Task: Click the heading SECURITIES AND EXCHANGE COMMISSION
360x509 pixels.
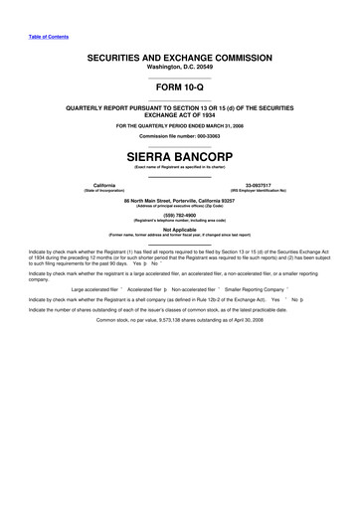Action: [180, 59]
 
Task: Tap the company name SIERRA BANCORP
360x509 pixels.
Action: [180, 156]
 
